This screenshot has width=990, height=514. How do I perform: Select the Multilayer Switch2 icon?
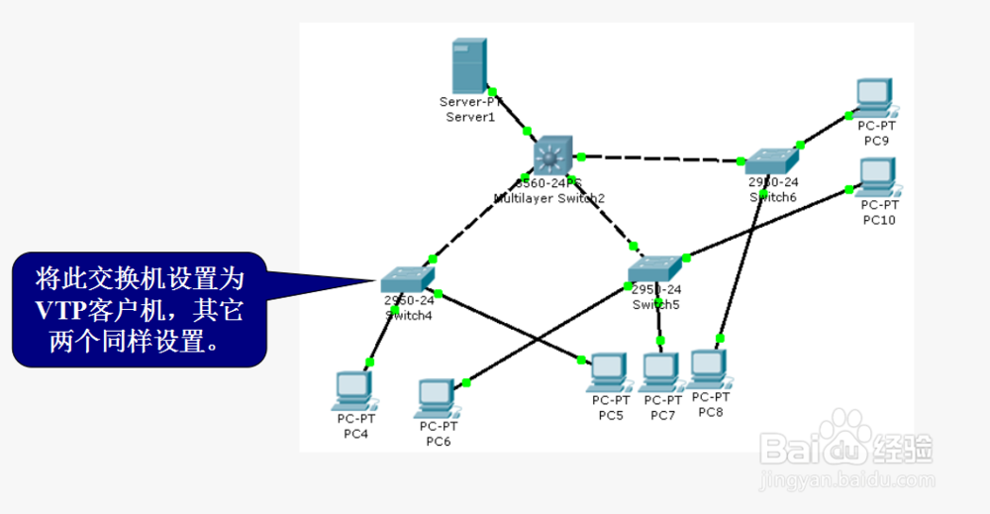pos(551,156)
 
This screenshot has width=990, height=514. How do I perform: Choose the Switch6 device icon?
pos(773,161)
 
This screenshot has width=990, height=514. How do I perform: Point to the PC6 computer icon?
pos(437,397)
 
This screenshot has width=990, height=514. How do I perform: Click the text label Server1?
pos(469,117)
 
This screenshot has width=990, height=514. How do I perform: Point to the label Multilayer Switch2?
pos(548,198)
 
